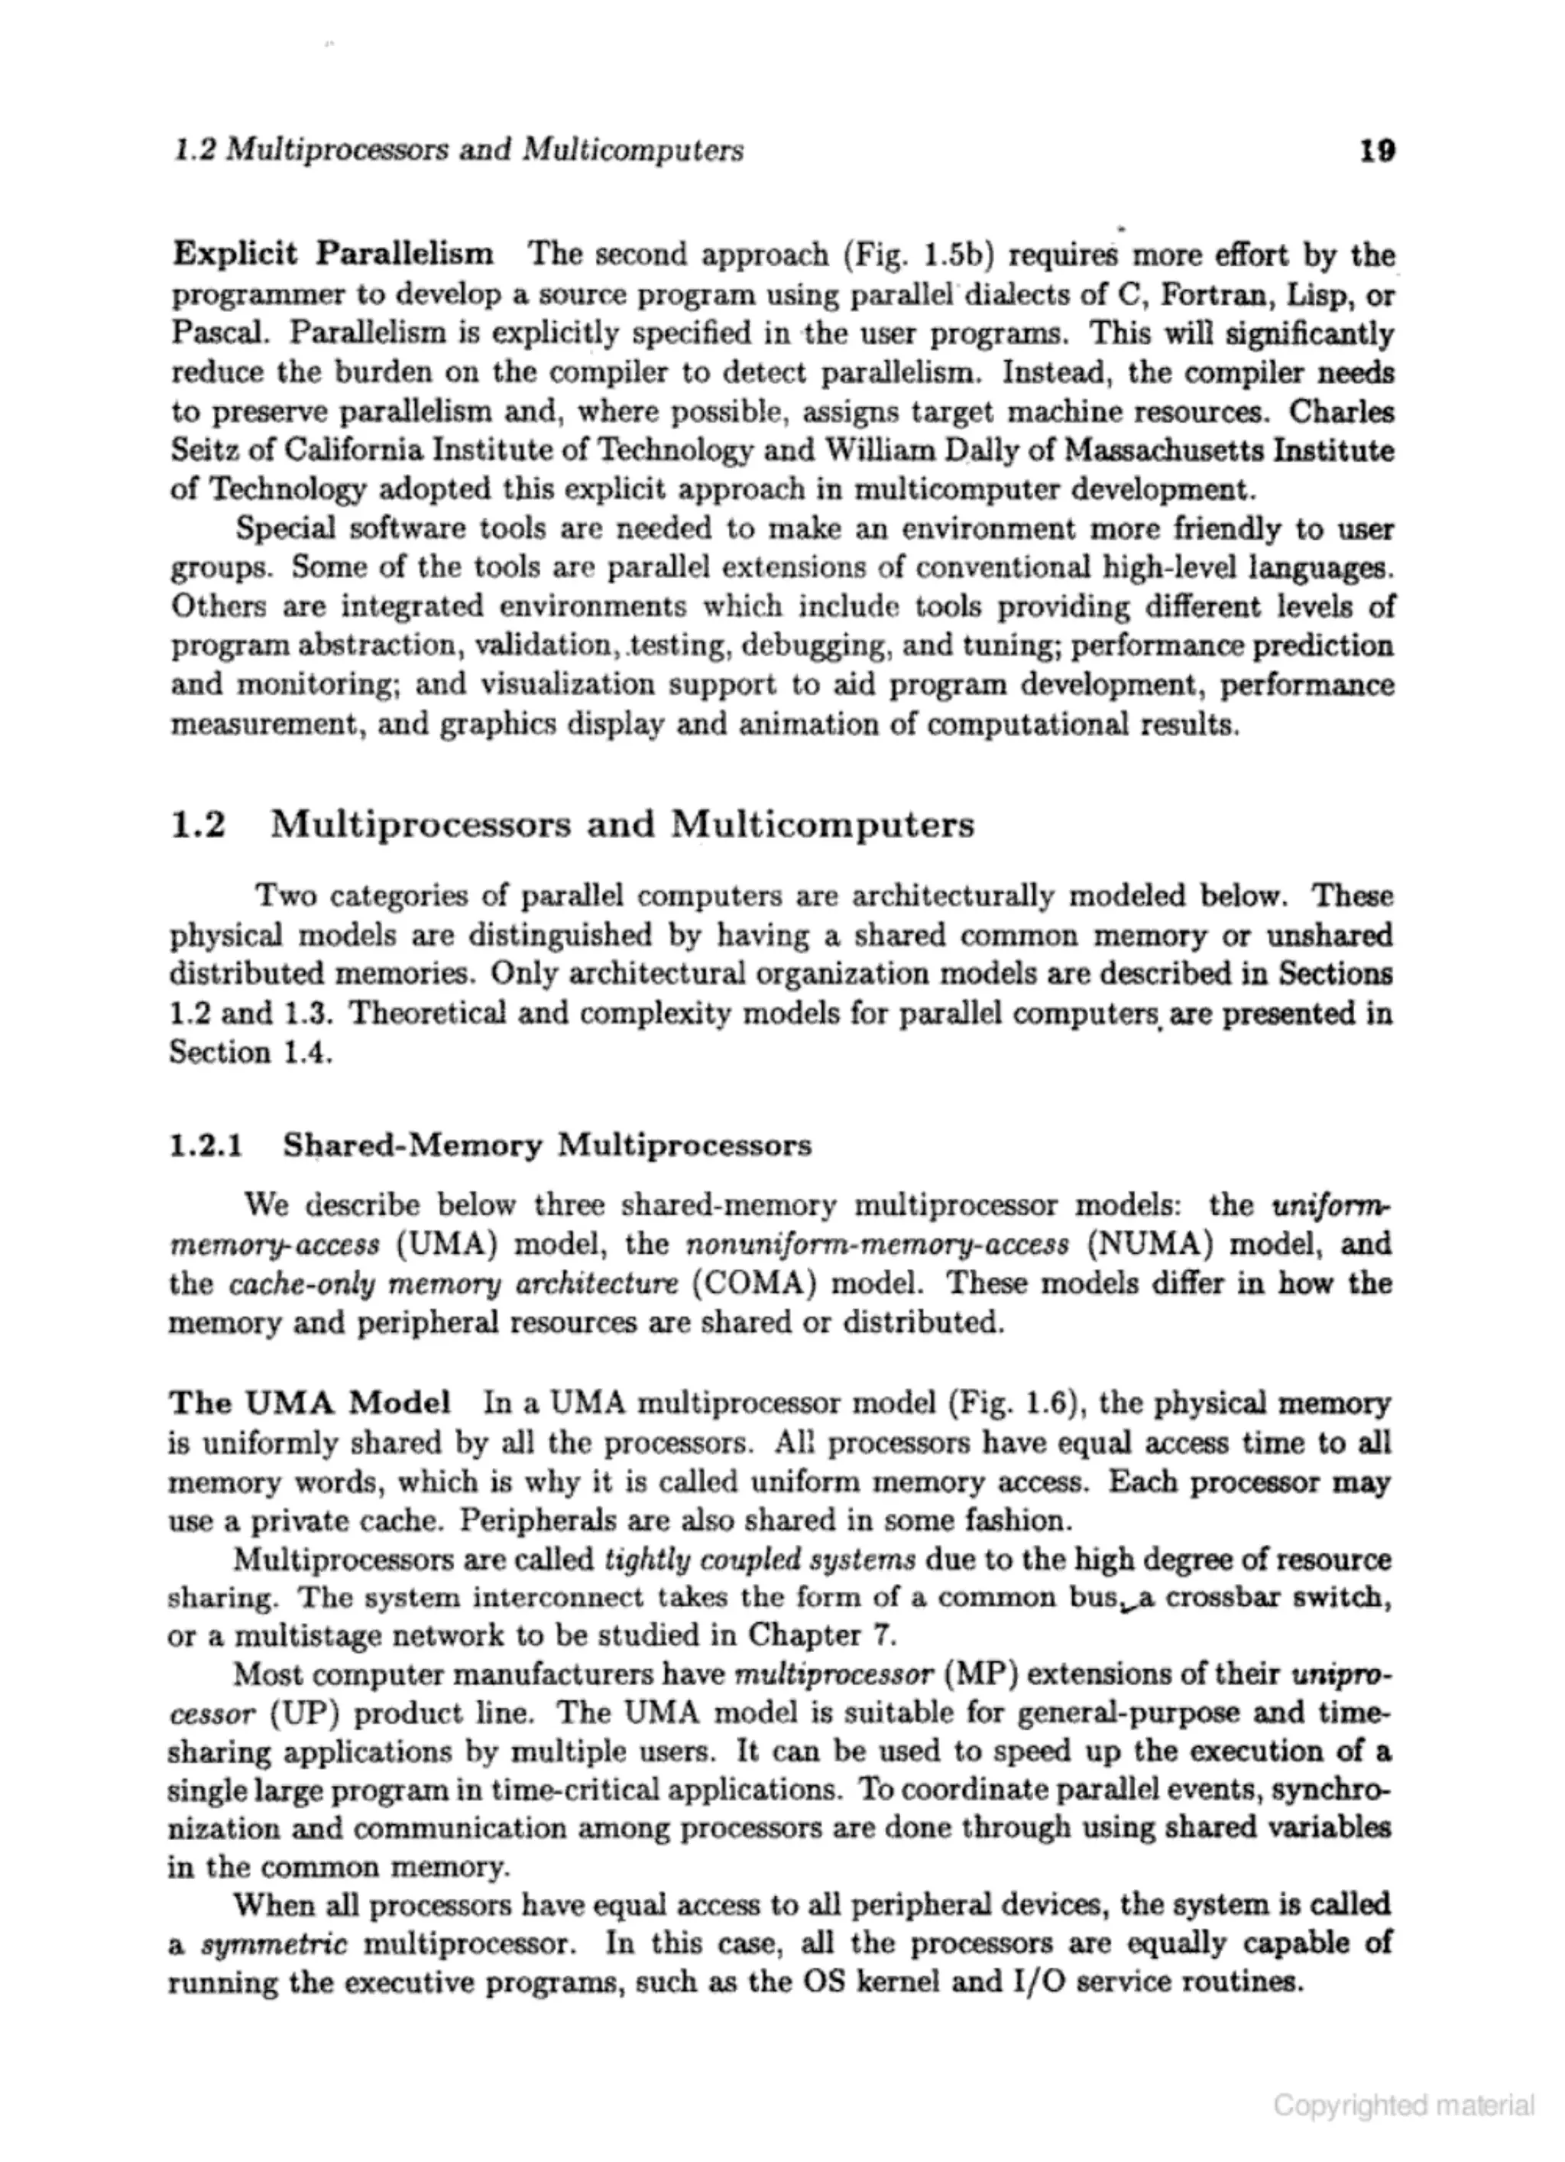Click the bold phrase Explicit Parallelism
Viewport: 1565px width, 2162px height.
[x=334, y=254]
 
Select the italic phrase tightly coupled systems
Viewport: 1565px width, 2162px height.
[x=760, y=1560]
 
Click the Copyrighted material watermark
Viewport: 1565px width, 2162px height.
[x=1404, y=2104]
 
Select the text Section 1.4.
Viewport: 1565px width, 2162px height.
[x=250, y=1053]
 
